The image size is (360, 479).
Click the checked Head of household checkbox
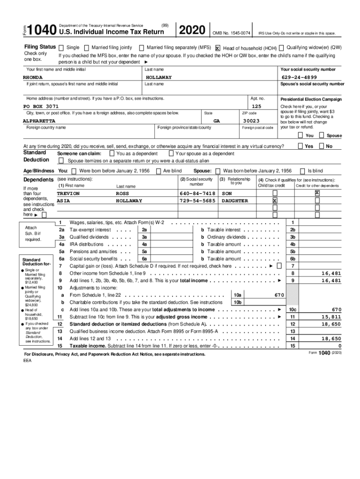click(218, 48)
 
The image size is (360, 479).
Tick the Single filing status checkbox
click(61, 48)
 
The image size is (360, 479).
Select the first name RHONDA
click(33, 77)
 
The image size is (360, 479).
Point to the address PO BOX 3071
click(41, 107)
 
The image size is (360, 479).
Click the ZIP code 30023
click(251, 121)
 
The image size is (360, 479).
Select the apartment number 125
click(256, 107)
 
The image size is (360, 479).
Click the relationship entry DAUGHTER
click(235, 201)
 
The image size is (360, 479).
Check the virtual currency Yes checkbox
click(301, 146)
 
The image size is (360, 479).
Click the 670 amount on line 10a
click(280, 295)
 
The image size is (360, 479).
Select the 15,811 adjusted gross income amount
click(331, 317)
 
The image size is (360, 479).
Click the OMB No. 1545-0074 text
click(231, 33)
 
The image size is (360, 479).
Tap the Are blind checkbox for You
click(159, 171)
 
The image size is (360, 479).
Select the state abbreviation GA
click(216, 121)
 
